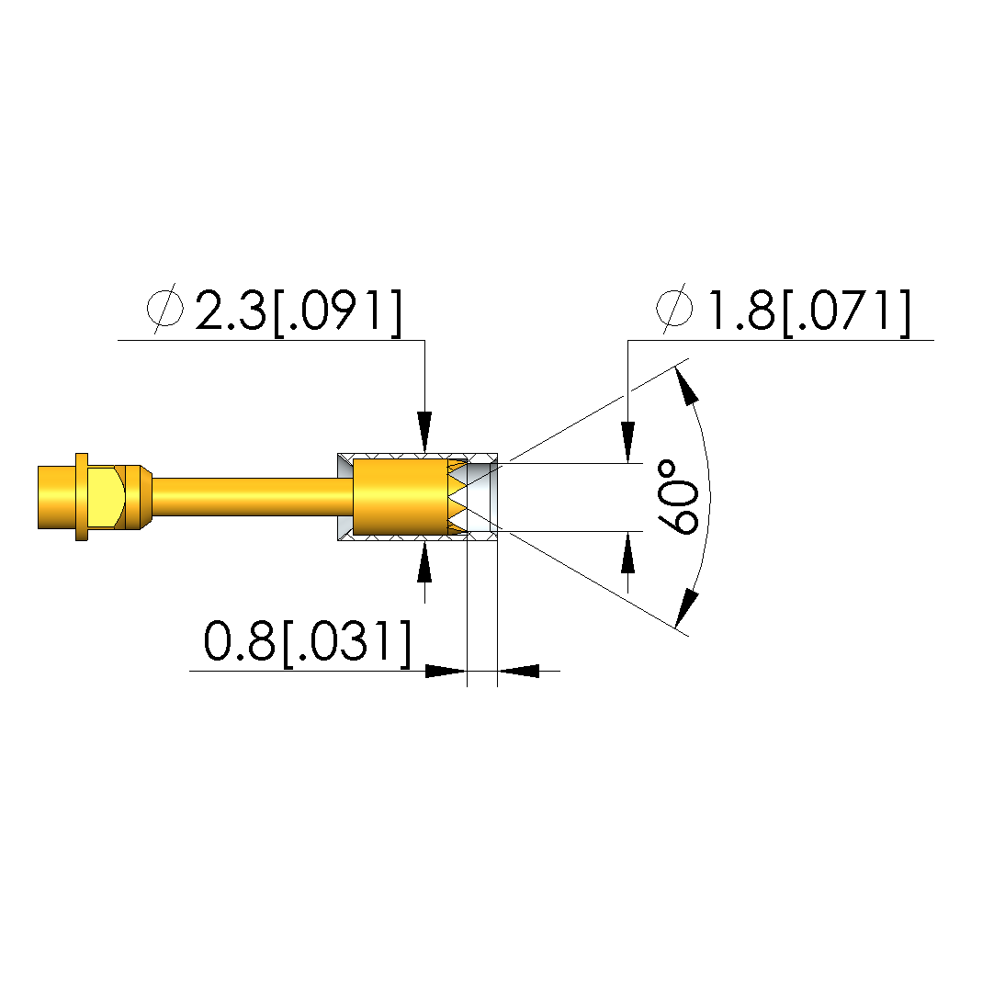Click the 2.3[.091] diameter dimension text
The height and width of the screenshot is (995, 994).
pos(299,311)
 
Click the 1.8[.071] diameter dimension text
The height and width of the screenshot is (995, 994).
pos(809,311)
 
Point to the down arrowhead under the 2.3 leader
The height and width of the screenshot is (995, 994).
pos(424,432)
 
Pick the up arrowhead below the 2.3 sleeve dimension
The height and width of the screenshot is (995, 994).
pos(424,561)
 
